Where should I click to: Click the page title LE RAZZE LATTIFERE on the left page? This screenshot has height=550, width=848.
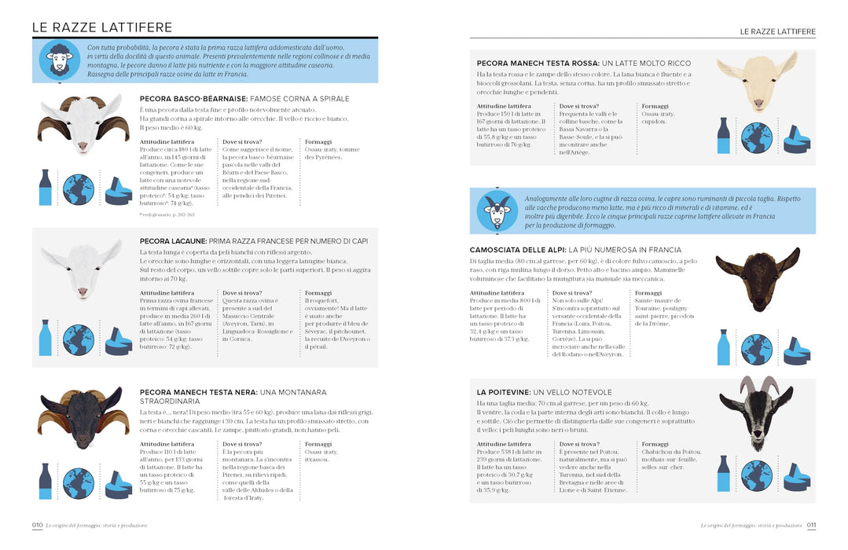pyautogui.click(x=102, y=27)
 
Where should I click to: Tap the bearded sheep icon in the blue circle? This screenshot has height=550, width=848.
pyautogui.click(x=60, y=61)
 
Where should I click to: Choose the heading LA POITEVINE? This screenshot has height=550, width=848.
pyautogui.click(x=504, y=392)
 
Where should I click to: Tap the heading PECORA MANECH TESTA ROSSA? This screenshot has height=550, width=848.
pyautogui.click(x=538, y=63)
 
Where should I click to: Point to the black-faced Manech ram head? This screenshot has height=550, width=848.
pyautogui.click(x=83, y=416)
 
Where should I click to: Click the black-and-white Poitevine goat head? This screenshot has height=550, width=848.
pyautogui.click(x=757, y=420)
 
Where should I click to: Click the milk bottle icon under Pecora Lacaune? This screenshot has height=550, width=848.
pyautogui.click(x=46, y=337)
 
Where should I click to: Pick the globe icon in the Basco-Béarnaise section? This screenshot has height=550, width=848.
pyautogui.click(x=79, y=189)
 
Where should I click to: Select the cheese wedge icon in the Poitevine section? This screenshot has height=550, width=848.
pyautogui.click(x=795, y=477)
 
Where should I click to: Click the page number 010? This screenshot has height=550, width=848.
pyautogui.click(x=37, y=525)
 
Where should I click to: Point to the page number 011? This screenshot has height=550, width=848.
pyautogui.click(x=811, y=525)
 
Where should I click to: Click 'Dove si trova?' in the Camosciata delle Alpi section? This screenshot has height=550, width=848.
pyautogui.click(x=571, y=292)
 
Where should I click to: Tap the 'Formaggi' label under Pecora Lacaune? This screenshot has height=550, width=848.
pyautogui.click(x=318, y=292)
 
